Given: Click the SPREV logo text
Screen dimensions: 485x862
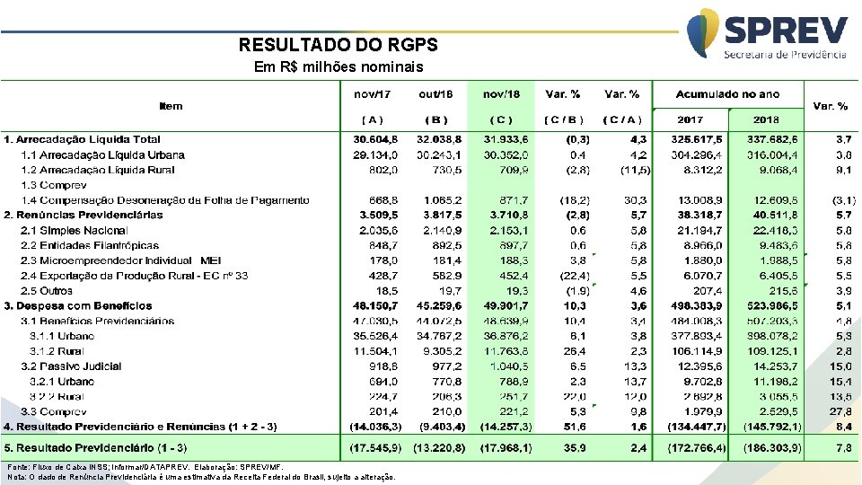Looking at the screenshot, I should click(785, 31).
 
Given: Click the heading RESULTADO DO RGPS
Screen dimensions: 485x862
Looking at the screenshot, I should click(339, 45).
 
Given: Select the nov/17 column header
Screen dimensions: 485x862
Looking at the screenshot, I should click(372, 94).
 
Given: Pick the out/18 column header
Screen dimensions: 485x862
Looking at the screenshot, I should click(435, 94).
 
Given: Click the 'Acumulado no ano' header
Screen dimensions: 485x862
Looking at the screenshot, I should click(727, 94).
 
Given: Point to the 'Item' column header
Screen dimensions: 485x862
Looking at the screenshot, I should click(171, 106).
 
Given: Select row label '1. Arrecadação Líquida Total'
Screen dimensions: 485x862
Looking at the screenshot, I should click(83, 139).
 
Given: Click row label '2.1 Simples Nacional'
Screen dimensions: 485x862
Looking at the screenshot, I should click(74, 230).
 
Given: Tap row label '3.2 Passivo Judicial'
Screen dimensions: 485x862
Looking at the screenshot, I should click(70, 366).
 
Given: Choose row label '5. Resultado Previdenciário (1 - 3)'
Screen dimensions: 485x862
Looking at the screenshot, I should click(95, 447).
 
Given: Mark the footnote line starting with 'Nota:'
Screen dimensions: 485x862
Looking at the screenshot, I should click(200, 478).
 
